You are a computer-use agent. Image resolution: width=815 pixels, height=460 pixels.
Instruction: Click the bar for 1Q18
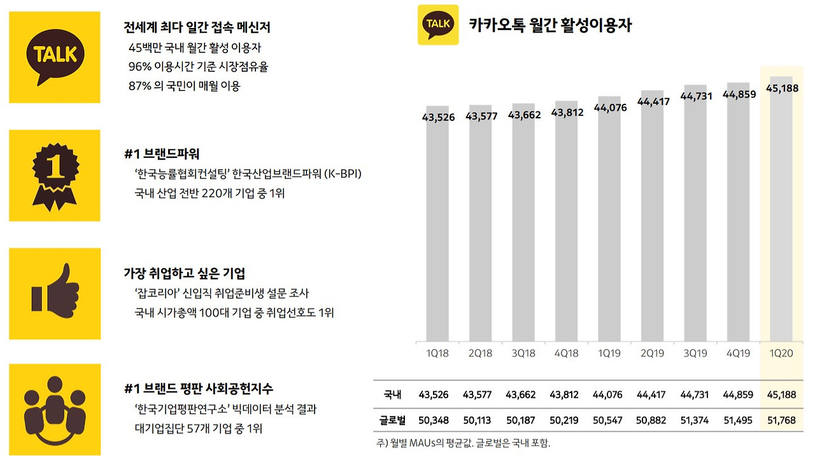(437, 223)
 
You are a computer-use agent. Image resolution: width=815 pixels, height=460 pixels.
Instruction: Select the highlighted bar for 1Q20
(781, 209)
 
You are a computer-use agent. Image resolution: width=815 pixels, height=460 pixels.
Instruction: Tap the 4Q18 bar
(567, 221)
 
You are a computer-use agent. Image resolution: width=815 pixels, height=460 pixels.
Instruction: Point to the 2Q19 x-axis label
(653, 353)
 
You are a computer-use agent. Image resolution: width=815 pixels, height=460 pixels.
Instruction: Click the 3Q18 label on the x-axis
(523, 353)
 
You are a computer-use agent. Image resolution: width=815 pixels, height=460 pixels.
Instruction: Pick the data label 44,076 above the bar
(610, 108)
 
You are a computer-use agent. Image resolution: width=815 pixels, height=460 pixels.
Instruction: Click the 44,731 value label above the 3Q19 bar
(696, 96)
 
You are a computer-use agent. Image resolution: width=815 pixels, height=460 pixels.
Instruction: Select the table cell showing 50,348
(434, 421)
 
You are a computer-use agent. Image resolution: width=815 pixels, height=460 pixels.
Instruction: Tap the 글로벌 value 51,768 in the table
(781, 421)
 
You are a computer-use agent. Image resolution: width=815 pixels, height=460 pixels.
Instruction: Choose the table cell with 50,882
(651, 421)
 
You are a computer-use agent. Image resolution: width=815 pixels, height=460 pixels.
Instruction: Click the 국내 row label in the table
(392, 394)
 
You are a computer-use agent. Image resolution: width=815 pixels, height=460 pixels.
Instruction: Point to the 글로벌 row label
(392, 421)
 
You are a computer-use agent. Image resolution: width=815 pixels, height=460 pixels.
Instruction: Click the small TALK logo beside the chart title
(438, 25)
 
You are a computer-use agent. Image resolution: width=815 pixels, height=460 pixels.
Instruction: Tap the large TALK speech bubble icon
(55, 57)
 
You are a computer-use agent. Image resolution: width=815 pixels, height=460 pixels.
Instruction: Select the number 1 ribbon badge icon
(55, 177)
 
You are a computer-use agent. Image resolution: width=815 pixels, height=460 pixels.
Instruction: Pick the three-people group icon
(55, 410)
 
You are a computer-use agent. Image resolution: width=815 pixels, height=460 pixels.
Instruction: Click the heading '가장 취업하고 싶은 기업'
(185, 273)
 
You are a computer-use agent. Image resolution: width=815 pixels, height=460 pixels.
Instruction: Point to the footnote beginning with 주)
(463, 443)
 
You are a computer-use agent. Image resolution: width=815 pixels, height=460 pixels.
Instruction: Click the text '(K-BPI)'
(343, 174)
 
